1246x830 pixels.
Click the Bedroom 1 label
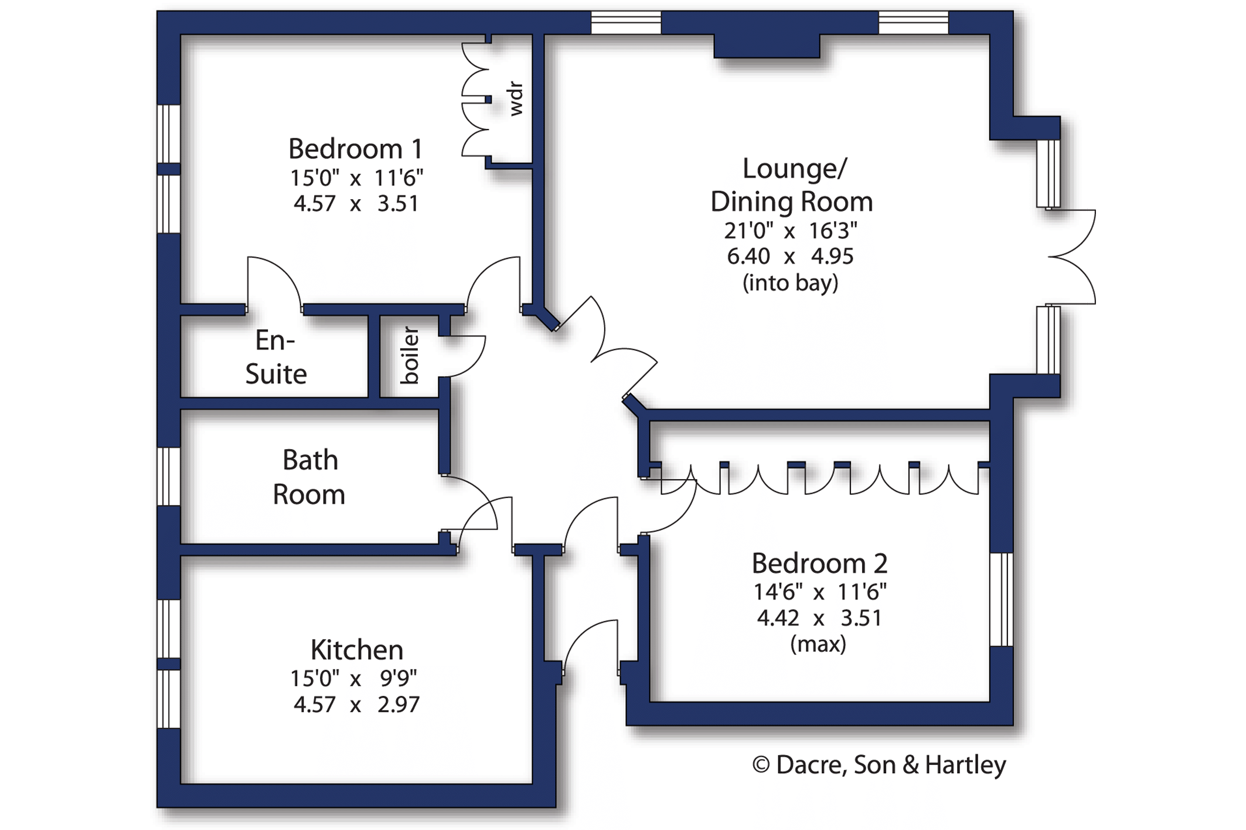pyautogui.click(x=355, y=149)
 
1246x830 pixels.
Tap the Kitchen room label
pyautogui.click(x=357, y=650)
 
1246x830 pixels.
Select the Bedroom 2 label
pyautogui.click(x=819, y=563)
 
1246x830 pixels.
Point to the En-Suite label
pyautogui.click(x=275, y=357)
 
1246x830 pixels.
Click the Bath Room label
pyautogui.click(x=309, y=477)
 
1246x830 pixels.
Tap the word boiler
pyautogui.click(x=410, y=356)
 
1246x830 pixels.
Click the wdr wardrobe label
pyautogui.click(x=515, y=99)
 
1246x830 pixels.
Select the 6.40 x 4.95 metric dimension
pyautogui.click(x=790, y=257)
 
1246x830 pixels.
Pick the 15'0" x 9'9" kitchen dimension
pyautogui.click(x=354, y=678)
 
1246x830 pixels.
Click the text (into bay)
pyautogui.click(x=791, y=284)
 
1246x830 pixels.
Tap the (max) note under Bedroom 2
pyautogui.click(x=818, y=644)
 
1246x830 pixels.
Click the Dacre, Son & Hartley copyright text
pyautogui.click(x=879, y=765)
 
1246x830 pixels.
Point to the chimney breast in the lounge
pyautogui.click(x=767, y=46)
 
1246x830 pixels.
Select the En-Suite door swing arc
pyautogui.click(x=274, y=281)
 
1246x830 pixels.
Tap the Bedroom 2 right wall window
pyautogui.click(x=1002, y=599)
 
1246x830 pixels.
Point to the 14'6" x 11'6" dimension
pyautogui.click(x=819, y=592)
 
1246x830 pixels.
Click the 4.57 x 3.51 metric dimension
pyautogui.click(x=356, y=204)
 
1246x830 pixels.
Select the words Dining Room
pyautogui.click(x=792, y=202)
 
